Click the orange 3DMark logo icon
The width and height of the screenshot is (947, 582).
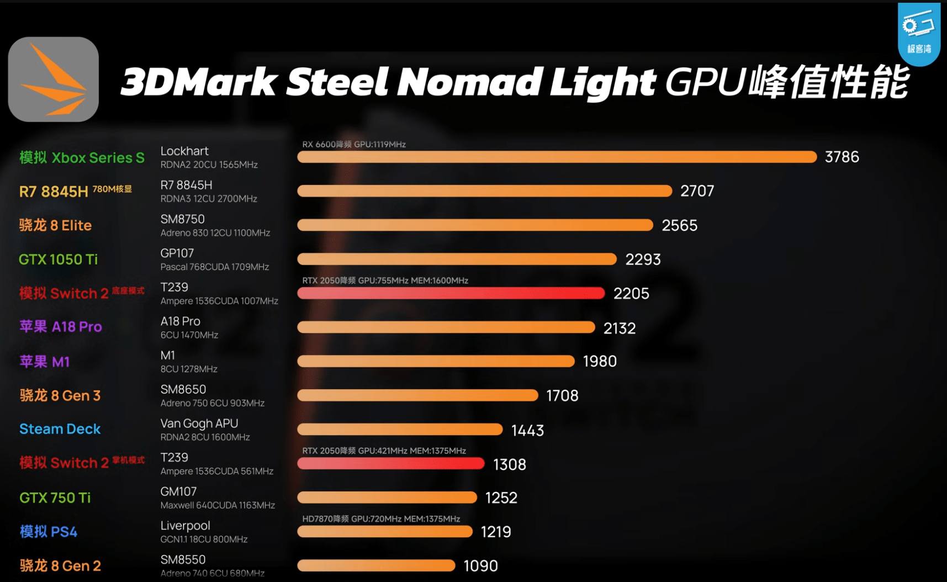54,79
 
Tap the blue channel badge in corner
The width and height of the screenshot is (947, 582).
919,33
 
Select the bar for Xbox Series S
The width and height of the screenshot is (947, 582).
557,157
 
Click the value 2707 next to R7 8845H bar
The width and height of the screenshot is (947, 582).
697,191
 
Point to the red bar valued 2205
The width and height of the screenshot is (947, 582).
451,293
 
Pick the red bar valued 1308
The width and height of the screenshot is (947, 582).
391,464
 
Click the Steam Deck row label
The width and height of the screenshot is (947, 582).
60,429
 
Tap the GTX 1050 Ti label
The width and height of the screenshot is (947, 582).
58,259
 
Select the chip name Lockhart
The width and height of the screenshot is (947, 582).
184,151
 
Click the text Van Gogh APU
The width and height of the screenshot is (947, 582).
199,424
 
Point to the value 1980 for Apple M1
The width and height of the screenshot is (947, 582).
600,361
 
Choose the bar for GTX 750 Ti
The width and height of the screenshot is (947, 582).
387,498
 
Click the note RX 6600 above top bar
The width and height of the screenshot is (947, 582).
354,145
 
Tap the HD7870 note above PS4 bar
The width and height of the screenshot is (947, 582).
381,519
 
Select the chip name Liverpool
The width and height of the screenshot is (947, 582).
185,526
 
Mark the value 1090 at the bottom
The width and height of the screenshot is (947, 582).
480,566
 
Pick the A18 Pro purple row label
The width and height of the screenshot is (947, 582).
61,327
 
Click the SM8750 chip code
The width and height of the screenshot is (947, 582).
183,219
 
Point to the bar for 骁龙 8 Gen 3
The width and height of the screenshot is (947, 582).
417,395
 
